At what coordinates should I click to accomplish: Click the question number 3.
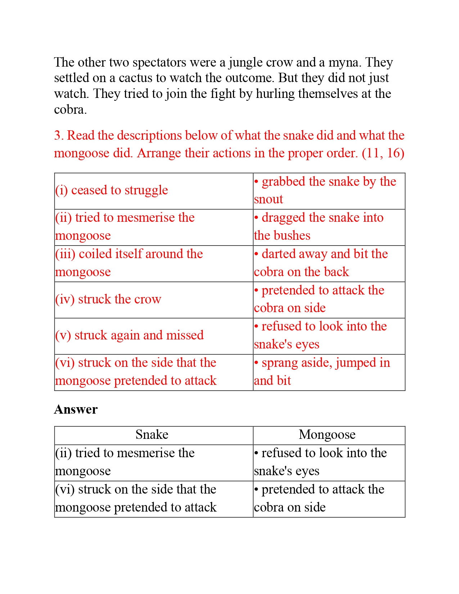coord(58,136)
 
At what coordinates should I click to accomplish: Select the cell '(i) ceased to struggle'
coord(112,190)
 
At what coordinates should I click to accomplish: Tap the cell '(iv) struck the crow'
coord(108,300)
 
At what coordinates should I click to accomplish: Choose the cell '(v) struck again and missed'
coord(130,336)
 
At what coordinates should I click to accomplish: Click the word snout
coord(269,199)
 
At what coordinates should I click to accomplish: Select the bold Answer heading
coord(76,410)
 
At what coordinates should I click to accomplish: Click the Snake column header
coord(152,435)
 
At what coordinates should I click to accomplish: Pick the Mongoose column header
coord(327,435)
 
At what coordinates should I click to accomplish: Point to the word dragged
coord(283,218)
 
